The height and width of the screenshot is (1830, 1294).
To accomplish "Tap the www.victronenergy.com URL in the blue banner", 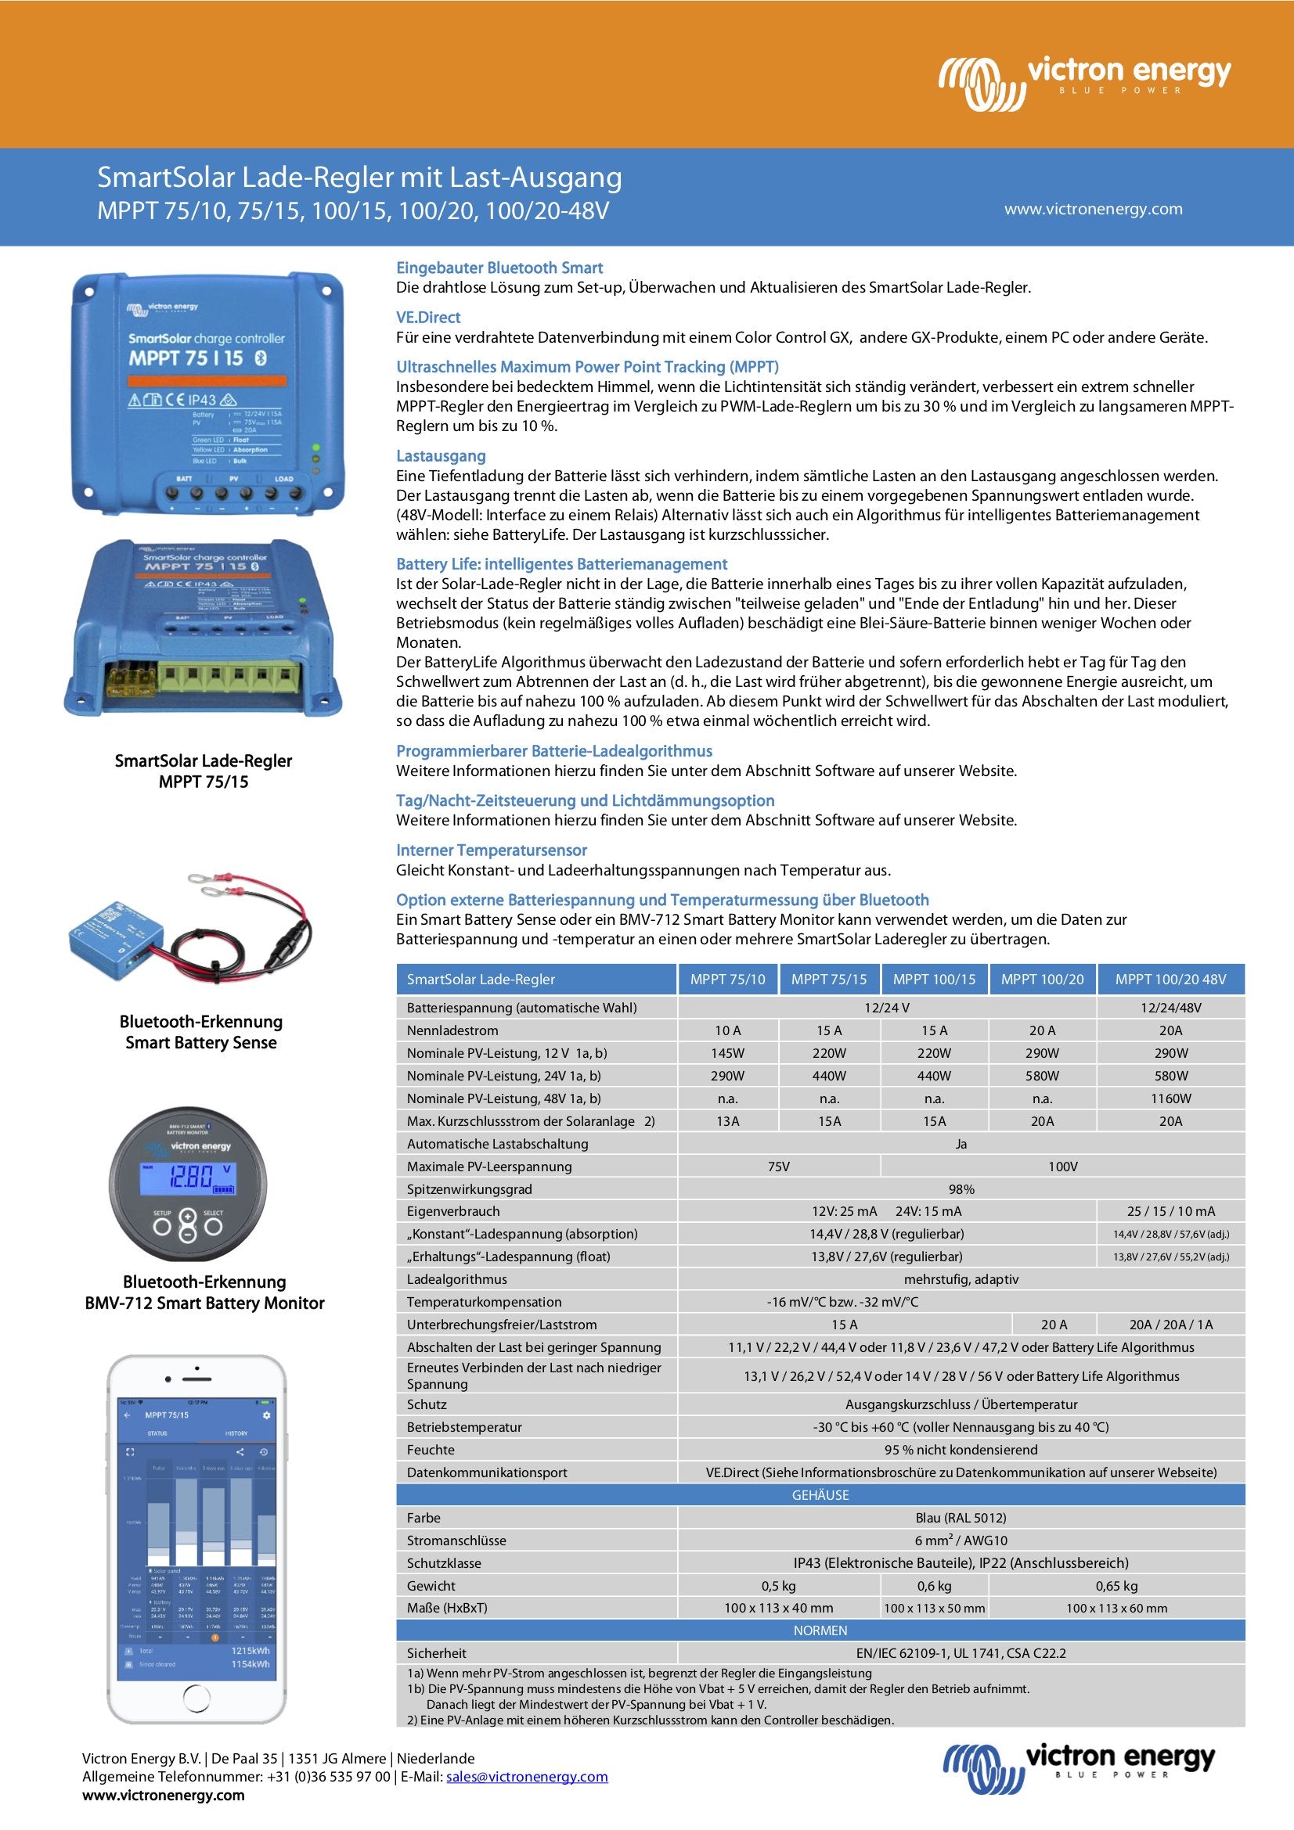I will point(1092,209).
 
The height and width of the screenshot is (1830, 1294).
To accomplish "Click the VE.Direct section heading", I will point(428,317).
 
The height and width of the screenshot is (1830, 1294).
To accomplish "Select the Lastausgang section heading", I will point(441,456).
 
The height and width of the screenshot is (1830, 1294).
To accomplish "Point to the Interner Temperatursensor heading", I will point(491,850).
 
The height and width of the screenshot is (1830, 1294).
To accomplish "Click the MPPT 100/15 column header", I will point(934,980).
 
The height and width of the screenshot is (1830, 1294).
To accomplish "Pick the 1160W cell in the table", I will point(1170,1098).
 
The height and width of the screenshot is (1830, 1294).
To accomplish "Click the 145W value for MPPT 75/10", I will point(727,1053).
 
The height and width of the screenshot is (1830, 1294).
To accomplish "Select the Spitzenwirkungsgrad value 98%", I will point(961,1189).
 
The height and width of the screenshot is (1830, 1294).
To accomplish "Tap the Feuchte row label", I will point(431,1450).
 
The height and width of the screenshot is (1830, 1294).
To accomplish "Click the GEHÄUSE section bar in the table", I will point(820,1495).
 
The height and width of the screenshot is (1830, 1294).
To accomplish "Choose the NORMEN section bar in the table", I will point(820,1630).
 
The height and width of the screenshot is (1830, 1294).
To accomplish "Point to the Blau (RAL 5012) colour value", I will point(961,1519).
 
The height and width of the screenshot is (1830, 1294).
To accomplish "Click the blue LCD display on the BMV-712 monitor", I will point(187,1178).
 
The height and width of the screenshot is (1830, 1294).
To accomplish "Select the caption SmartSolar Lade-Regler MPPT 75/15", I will point(204,771).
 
